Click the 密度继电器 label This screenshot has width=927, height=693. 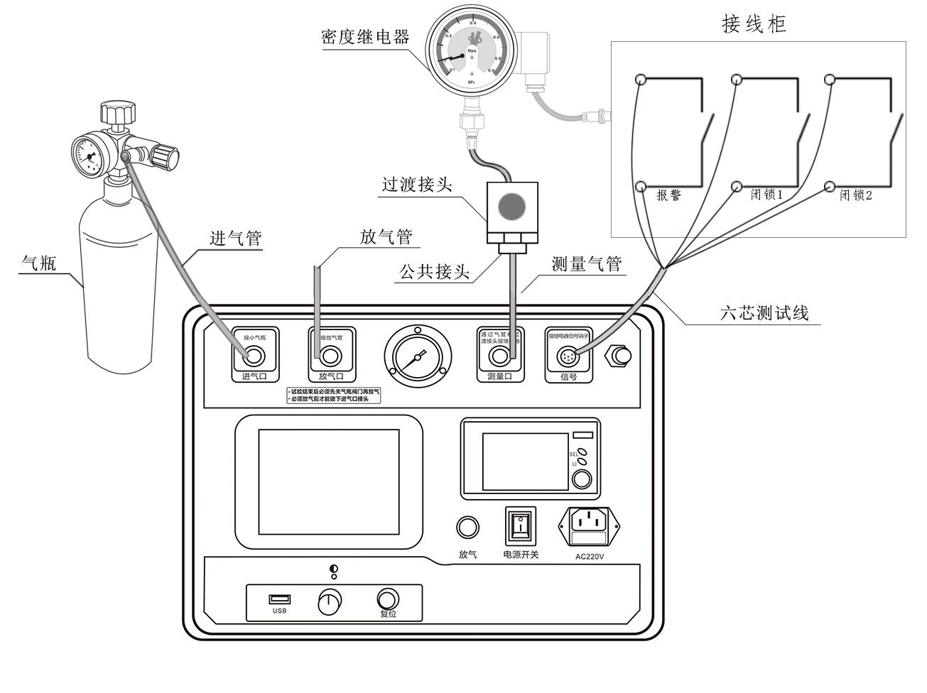365,38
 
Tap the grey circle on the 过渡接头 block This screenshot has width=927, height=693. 511,206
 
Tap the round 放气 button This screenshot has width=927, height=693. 467,528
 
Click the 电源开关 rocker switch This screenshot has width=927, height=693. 521,527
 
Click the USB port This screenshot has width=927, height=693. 279,599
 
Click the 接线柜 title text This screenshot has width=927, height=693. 754,24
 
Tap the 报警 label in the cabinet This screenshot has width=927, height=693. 668,195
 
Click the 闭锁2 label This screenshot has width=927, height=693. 855,195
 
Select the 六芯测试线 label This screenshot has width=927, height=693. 764,312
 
